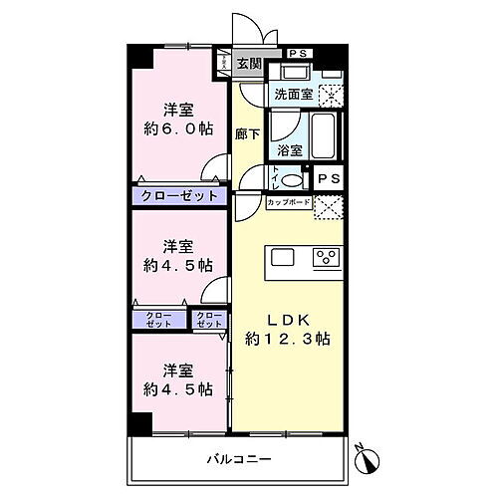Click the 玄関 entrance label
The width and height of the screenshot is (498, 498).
(x=249, y=65)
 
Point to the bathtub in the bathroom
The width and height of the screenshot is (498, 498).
(x=325, y=132)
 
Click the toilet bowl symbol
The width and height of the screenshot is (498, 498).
(x=290, y=180)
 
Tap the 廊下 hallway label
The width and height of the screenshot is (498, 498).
(x=248, y=134)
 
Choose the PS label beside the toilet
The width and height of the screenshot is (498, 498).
(x=328, y=178)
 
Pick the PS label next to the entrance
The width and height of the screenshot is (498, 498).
(x=297, y=53)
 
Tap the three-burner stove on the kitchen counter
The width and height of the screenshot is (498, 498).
(x=327, y=257)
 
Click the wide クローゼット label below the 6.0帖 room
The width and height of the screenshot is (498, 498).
(x=179, y=196)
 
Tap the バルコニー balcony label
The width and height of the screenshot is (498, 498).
(x=235, y=459)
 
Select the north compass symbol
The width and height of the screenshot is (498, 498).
(x=371, y=460)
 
